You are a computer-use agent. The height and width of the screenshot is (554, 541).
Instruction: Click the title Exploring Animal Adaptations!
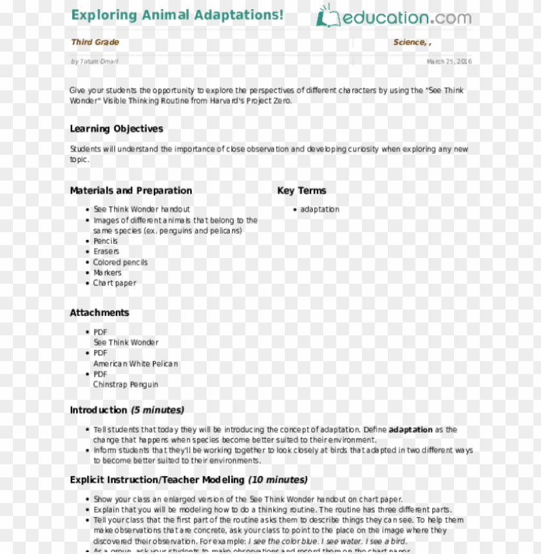pos(177,15)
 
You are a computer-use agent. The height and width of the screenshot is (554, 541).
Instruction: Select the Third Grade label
pos(95,43)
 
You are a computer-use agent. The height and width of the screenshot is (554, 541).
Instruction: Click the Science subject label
pos(410,43)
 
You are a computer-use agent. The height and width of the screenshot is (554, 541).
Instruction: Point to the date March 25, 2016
pos(449,62)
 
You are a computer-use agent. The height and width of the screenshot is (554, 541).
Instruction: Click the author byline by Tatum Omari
pos(95,62)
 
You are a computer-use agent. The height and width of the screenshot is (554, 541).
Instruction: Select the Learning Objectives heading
pos(117,129)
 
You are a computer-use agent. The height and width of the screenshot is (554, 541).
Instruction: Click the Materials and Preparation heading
pos(131,191)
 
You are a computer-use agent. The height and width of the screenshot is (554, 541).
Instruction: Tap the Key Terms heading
pos(301,191)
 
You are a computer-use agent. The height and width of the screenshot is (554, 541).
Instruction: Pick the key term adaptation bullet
pos(319,210)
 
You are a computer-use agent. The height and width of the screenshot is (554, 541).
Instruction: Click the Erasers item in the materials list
pos(106,252)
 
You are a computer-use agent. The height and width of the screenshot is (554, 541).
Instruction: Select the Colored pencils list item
pos(120,262)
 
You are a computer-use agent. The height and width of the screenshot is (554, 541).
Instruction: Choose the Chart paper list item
pos(115,283)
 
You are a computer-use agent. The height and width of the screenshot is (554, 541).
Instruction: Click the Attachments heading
pos(99,313)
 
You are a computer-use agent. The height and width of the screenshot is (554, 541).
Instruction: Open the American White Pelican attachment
pos(135,364)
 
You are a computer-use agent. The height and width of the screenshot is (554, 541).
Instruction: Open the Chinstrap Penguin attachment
pos(126,385)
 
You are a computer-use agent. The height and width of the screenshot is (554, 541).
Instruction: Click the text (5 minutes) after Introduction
pos(157,410)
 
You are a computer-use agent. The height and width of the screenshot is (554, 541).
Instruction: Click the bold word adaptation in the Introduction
pos(410,430)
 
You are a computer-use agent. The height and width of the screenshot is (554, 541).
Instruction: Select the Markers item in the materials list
pos(108,273)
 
